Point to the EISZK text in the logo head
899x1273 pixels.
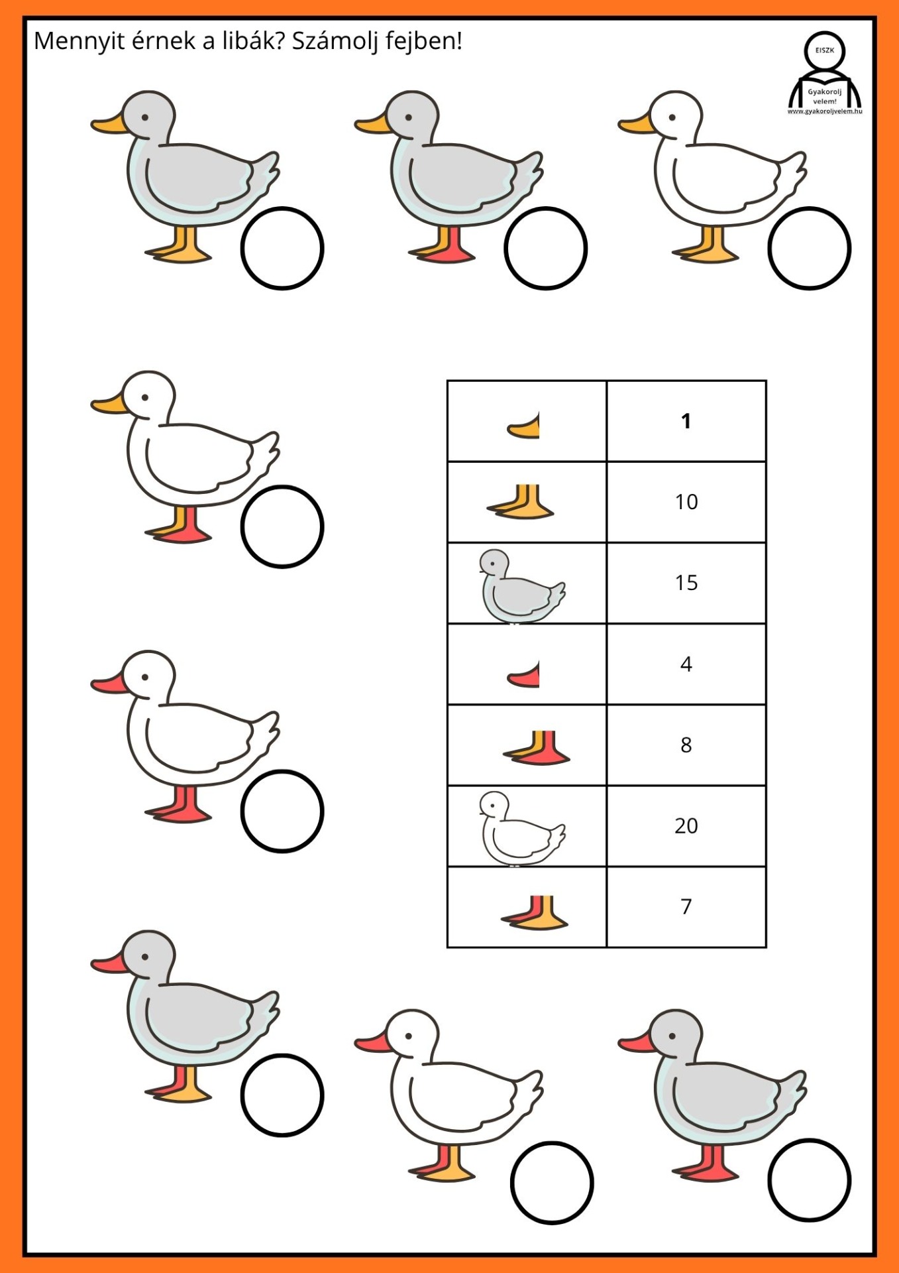[825, 50]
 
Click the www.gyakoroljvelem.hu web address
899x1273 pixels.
[825, 111]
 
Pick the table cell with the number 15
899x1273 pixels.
[686, 583]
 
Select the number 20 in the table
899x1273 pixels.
[686, 825]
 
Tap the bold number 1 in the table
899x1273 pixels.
[686, 421]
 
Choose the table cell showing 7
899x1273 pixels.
[686, 906]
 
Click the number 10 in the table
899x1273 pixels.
[686, 502]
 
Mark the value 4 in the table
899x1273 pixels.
[686, 664]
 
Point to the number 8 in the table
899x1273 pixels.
[686, 745]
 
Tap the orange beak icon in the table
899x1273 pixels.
[524, 426]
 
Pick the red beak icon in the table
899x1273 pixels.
[524, 674]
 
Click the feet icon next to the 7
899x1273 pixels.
[535, 913]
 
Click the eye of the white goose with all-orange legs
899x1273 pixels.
[672, 118]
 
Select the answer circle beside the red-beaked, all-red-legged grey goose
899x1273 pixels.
[809, 1180]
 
